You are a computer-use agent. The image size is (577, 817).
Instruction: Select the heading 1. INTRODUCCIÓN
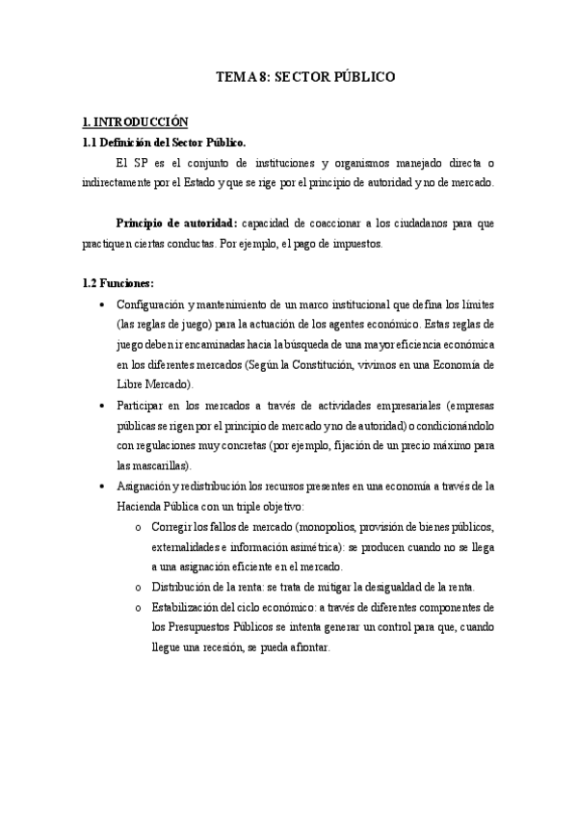pyautogui.click(x=135, y=123)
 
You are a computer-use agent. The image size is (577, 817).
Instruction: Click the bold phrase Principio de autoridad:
pyautogui.click(x=175, y=224)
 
